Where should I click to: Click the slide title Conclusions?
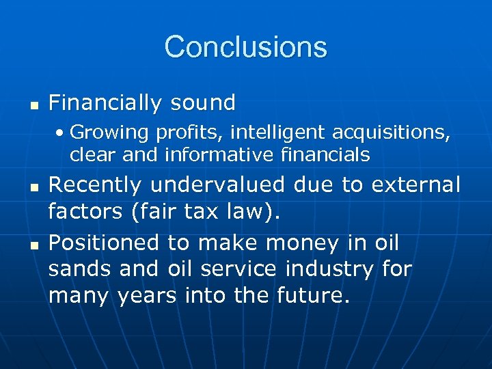pyautogui.click(x=245, y=47)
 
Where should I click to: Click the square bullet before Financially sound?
pyautogui.click(x=32, y=105)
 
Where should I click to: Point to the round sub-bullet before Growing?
pyautogui.click(x=61, y=131)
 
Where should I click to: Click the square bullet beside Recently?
pyautogui.click(x=32, y=187)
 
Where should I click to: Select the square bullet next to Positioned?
pyautogui.click(x=32, y=244)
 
